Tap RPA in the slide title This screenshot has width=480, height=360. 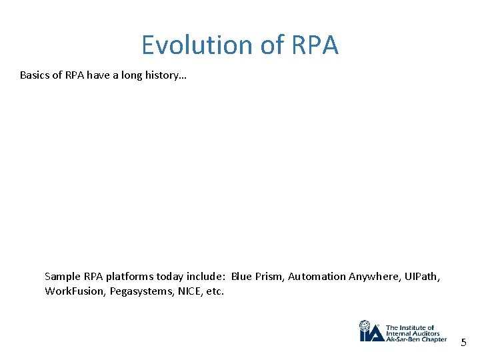pyautogui.click(x=315, y=45)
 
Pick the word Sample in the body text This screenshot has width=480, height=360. pyautogui.click(x=62, y=276)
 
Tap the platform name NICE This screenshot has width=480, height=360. pyautogui.click(x=191, y=291)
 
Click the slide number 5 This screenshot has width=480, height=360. pyautogui.click(x=464, y=343)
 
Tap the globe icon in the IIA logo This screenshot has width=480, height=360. pyautogui.click(x=365, y=327)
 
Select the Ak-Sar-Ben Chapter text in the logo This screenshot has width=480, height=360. pyautogui.click(x=417, y=339)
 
